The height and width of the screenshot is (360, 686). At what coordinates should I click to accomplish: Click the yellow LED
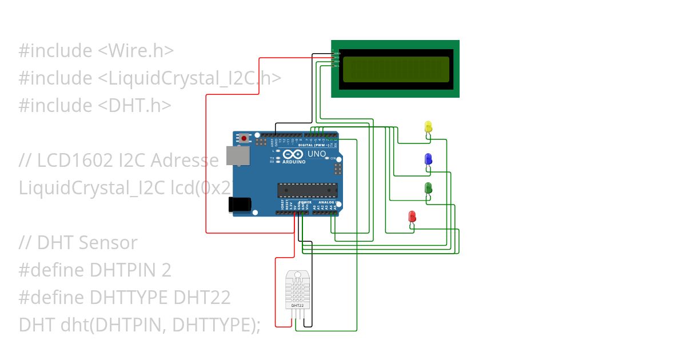click(428, 127)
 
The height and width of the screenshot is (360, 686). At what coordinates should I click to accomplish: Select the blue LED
click(428, 159)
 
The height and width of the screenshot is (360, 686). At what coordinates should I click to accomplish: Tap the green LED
click(428, 188)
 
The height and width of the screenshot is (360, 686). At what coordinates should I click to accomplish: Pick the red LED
click(412, 217)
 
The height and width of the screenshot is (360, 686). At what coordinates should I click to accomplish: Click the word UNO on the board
click(317, 154)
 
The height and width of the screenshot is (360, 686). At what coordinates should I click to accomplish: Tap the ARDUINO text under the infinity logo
click(292, 162)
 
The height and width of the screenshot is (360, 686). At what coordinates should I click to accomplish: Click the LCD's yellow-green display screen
click(396, 69)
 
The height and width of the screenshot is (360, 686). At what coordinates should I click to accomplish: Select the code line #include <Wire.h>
click(96, 51)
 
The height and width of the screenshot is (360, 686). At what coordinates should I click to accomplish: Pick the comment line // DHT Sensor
click(78, 243)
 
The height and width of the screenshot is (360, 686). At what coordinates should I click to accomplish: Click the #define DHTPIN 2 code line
click(95, 270)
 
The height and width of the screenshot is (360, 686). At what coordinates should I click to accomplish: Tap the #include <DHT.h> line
click(95, 106)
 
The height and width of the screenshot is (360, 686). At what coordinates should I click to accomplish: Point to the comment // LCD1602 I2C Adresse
click(119, 161)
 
